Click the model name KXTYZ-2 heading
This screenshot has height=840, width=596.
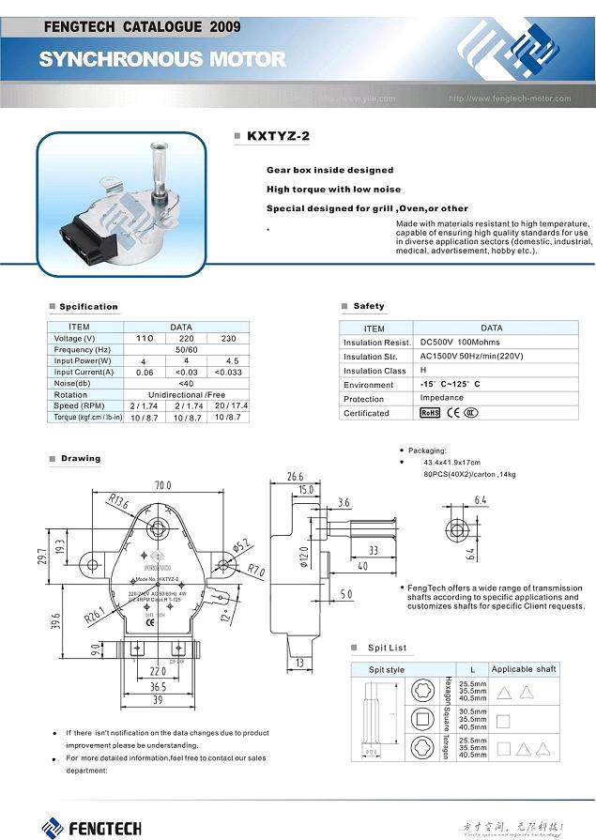(278, 137)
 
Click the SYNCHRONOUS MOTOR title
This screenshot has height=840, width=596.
(162, 59)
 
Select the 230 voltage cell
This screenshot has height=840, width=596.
(227, 338)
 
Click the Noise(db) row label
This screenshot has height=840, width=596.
(74, 383)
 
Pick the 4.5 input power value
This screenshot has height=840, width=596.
(228, 360)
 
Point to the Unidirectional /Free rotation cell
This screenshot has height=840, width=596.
(186, 394)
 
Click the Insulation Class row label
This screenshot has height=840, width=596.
(374, 371)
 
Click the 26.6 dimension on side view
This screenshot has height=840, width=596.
(295, 476)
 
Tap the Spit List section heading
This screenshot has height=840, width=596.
(387, 648)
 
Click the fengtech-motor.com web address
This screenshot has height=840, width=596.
(510, 98)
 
